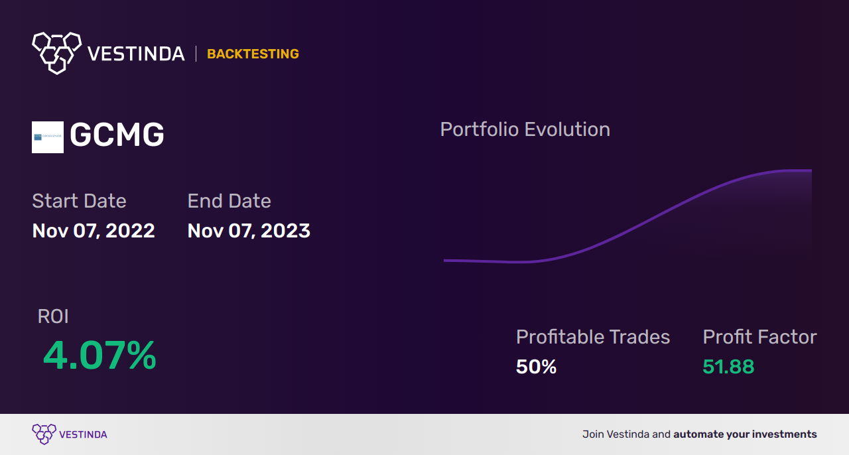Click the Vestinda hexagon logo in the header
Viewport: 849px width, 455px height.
pyautogui.click(x=56, y=52)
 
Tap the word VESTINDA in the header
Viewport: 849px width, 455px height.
pyautogui.click(x=136, y=54)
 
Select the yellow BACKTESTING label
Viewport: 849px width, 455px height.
pyautogui.click(x=253, y=54)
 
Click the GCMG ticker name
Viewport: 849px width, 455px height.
pyautogui.click(x=117, y=136)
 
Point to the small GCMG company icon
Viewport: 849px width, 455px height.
pyautogui.click(x=48, y=137)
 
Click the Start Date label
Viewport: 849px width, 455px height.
pyautogui.click(x=79, y=201)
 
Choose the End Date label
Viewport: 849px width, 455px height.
pyautogui.click(x=229, y=201)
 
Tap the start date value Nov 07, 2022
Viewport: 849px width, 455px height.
pyautogui.click(x=94, y=231)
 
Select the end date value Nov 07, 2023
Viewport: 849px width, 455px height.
pyautogui.click(x=249, y=231)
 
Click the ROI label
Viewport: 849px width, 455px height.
pyautogui.click(x=53, y=316)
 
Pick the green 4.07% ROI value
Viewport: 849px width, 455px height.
pyautogui.click(x=99, y=356)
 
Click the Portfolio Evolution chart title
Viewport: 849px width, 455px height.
pyautogui.click(x=525, y=129)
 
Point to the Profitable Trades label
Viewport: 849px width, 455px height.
pyautogui.click(x=593, y=337)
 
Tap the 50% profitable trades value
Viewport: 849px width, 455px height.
pyautogui.click(x=536, y=367)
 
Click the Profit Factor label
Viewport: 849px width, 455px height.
pyautogui.click(x=759, y=337)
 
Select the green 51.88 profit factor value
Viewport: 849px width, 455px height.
pyautogui.click(x=728, y=367)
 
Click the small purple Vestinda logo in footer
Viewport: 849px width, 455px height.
pyautogui.click(x=44, y=434)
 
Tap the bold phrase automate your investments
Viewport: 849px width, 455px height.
pyautogui.click(x=745, y=434)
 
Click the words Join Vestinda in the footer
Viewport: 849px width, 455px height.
pyautogui.click(x=616, y=434)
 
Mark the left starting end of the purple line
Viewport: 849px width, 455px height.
pyautogui.click(x=445, y=261)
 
